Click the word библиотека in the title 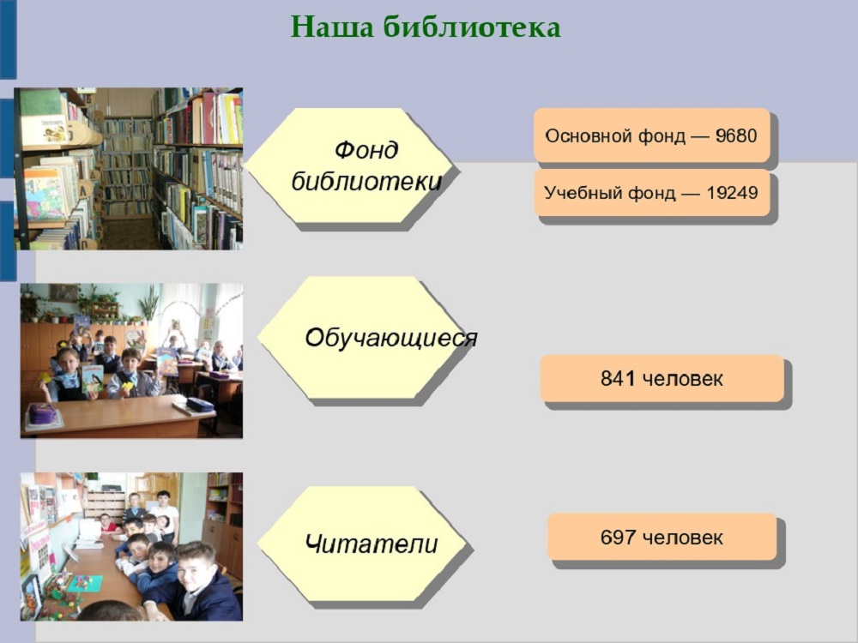pos(472,27)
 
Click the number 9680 pos(736,135)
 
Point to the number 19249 pos(732,192)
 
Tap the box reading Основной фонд pos(652,135)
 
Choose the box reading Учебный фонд pos(652,192)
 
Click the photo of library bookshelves pos(129,169)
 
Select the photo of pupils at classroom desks pos(131,360)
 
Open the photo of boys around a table pos(131,546)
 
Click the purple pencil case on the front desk pos(42,414)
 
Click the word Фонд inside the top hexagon pos(366,150)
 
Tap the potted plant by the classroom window pos(148,303)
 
